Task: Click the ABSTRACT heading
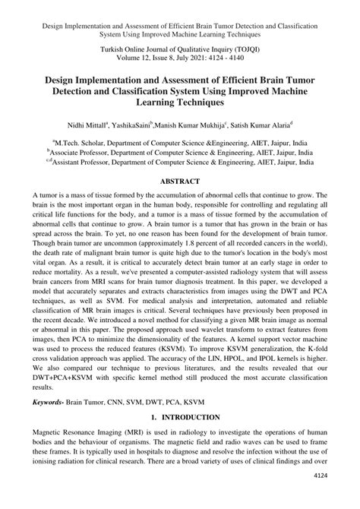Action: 180,182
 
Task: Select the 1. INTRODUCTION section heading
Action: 180,417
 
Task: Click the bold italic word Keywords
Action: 53,403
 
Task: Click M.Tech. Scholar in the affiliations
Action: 90,141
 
